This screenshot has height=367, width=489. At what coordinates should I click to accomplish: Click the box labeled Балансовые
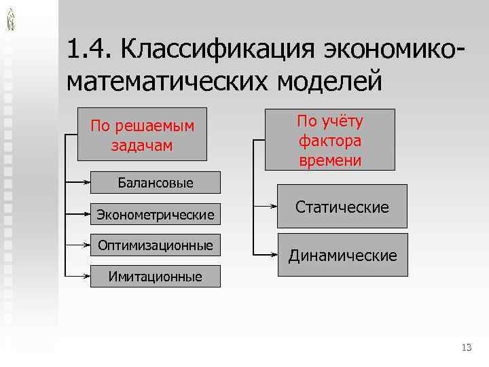156,182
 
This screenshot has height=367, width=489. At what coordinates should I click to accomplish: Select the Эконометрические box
156,215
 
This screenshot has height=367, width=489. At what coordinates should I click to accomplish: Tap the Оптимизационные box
156,245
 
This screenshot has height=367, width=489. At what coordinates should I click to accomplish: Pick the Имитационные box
156,276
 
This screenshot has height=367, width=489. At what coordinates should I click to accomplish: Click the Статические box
342,206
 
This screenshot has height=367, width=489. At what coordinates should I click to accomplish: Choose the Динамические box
342,255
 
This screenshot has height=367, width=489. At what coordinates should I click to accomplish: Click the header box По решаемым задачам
143,134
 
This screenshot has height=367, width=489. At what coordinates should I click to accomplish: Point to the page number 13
466,348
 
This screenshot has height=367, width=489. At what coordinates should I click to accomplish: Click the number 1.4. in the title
90,50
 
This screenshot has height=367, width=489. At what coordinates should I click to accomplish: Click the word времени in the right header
329,160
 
